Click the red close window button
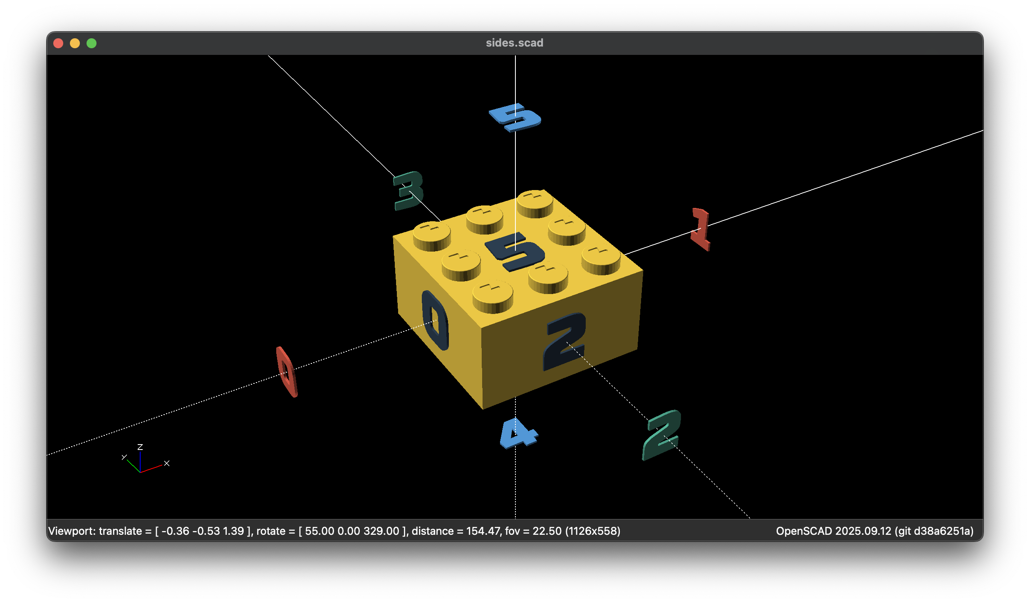click(58, 43)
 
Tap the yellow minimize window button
click(75, 43)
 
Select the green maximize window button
click(92, 43)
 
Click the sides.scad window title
click(515, 43)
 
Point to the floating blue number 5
click(515, 117)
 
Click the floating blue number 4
click(518, 433)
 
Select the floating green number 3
click(408, 191)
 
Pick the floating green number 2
click(662, 435)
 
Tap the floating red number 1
click(701, 229)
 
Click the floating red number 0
click(287, 371)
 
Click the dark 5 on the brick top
click(515, 252)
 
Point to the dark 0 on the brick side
click(435, 320)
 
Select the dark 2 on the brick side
click(565, 341)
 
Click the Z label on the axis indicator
click(140, 447)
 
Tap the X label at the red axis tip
click(167, 463)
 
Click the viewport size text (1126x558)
click(593, 531)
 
